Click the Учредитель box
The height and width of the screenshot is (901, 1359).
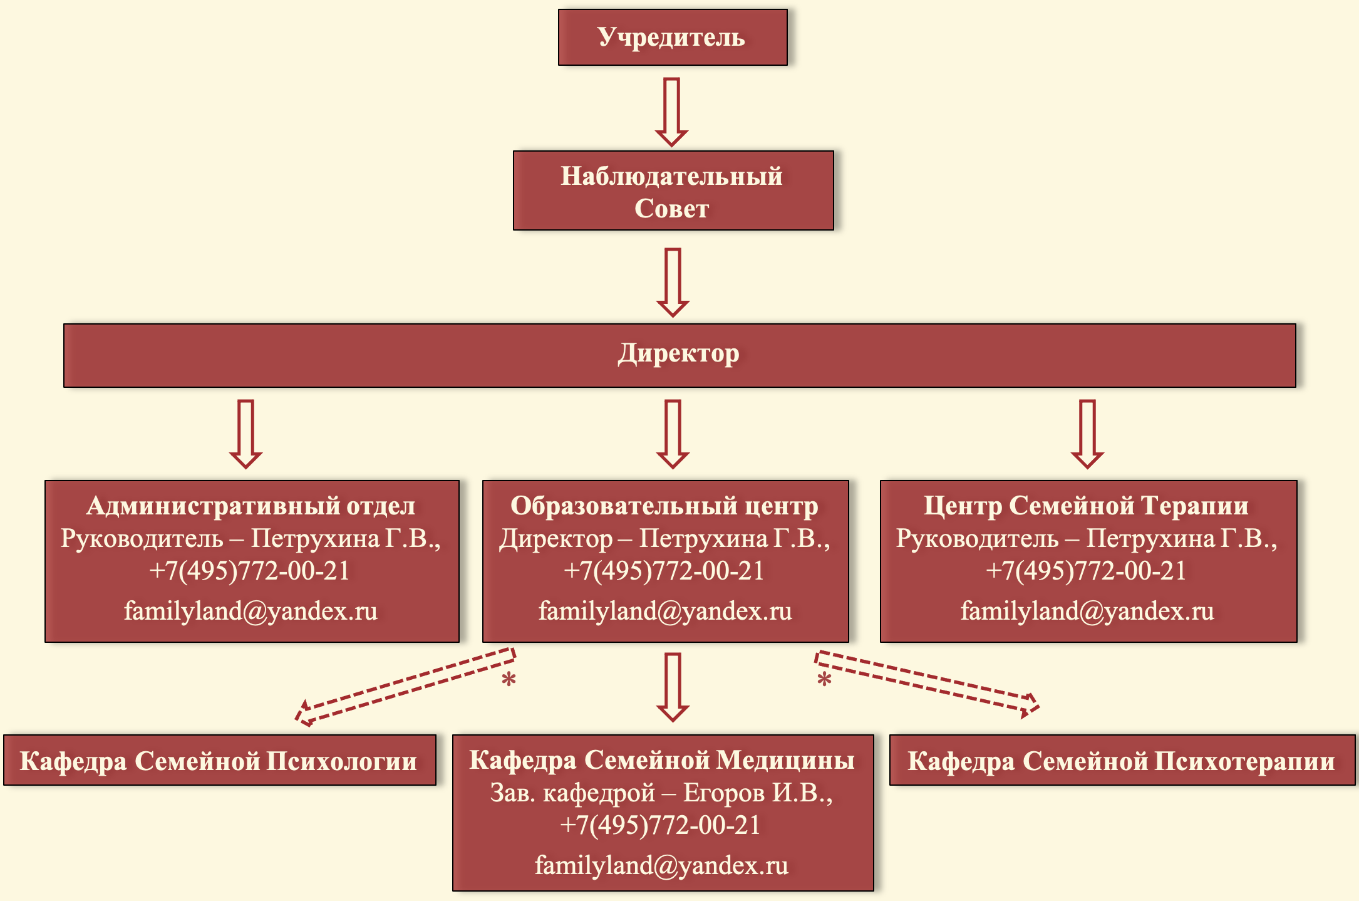click(x=673, y=37)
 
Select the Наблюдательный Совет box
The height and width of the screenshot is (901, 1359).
click(x=673, y=190)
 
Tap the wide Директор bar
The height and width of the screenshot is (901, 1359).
click(x=680, y=355)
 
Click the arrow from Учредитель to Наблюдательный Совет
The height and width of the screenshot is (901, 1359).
click(x=672, y=112)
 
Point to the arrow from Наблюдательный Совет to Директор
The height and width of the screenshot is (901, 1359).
click(x=673, y=283)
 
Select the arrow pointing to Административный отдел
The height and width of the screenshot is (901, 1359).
click(x=245, y=434)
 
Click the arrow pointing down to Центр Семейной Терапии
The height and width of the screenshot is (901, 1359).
click(x=1087, y=434)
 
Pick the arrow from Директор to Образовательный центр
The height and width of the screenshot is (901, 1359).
click(x=673, y=434)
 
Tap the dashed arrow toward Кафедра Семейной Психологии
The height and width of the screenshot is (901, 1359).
click(x=405, y=687)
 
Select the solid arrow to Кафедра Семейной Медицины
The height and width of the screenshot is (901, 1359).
click(x=673, y=687)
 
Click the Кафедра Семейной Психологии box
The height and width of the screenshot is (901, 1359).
click(x=220, y=760)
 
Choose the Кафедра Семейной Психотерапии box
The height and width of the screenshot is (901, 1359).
click(x=1122, y=760)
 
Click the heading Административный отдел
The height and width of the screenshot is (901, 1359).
click(x=251, y=506)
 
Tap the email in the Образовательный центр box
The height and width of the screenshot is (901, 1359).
click(x=665, y=610)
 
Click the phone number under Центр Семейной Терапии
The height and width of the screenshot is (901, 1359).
click(x=1086, y=571)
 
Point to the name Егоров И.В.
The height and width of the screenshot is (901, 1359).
click(x=758, y=793)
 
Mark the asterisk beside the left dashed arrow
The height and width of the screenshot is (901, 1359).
click(x=509, y=680)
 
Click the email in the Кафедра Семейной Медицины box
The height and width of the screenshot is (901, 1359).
click(x=661, y=865)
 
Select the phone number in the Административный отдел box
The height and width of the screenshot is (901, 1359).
click(x=249, y=571)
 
